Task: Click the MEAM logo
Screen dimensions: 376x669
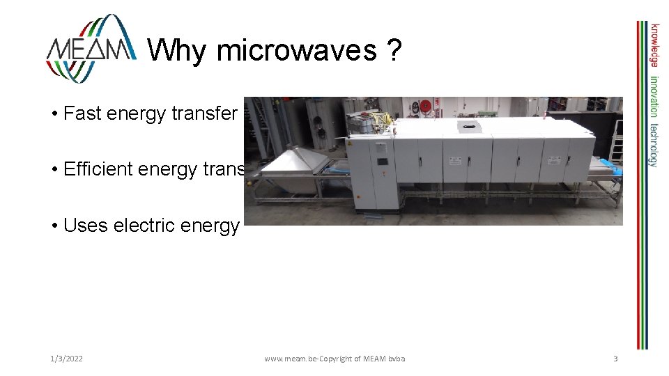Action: coord(91,48)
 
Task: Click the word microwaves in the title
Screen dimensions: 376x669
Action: coord(296,49)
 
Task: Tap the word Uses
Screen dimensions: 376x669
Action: coord(82,226)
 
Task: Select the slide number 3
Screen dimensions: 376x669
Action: coord(615,359)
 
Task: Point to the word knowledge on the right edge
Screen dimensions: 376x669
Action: coord(654,46)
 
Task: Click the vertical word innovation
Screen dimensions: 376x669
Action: coord(654,97)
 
